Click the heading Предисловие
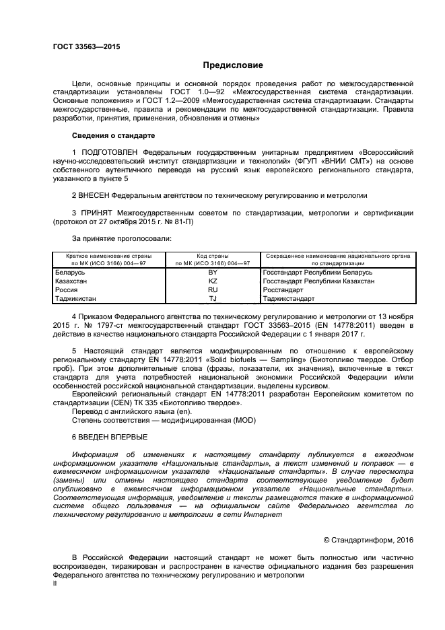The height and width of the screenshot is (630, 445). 233,66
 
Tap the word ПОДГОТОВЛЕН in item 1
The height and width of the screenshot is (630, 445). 110,153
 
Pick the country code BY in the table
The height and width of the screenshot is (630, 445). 213,272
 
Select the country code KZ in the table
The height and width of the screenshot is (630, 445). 213,281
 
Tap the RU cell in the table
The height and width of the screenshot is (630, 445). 213,289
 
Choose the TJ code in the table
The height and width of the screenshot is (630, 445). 213,298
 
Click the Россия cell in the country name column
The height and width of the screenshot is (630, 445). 66,289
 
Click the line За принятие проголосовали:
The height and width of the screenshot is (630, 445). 121,238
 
